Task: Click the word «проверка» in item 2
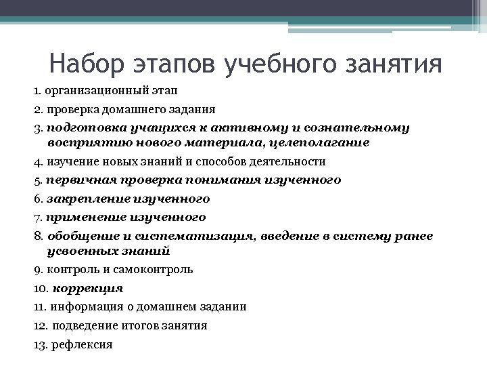70,108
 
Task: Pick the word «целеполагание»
322,143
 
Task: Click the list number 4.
37,162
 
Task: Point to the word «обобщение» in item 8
78,235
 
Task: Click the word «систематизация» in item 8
185,235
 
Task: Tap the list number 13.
40,344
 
